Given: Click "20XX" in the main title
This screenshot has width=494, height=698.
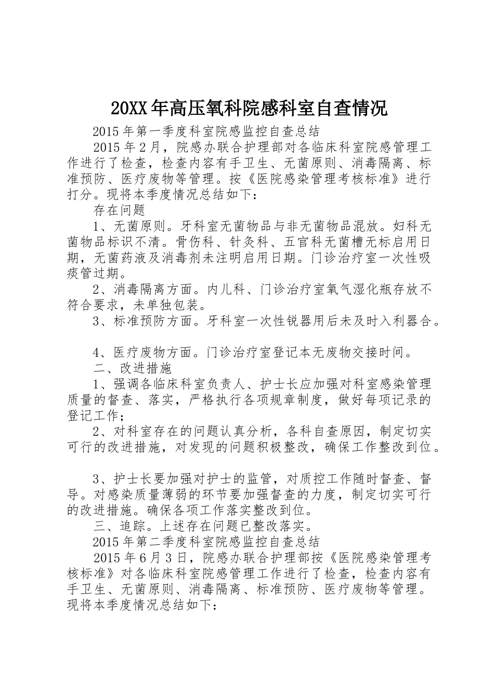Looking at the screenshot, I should point(129,109).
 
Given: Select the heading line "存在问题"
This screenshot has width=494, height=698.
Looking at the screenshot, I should point(119,210).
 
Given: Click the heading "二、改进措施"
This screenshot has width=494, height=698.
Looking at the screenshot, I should point(133,368).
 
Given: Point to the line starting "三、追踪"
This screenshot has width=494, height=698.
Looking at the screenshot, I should point(203,526).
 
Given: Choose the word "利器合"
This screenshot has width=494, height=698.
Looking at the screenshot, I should point(411,321).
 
